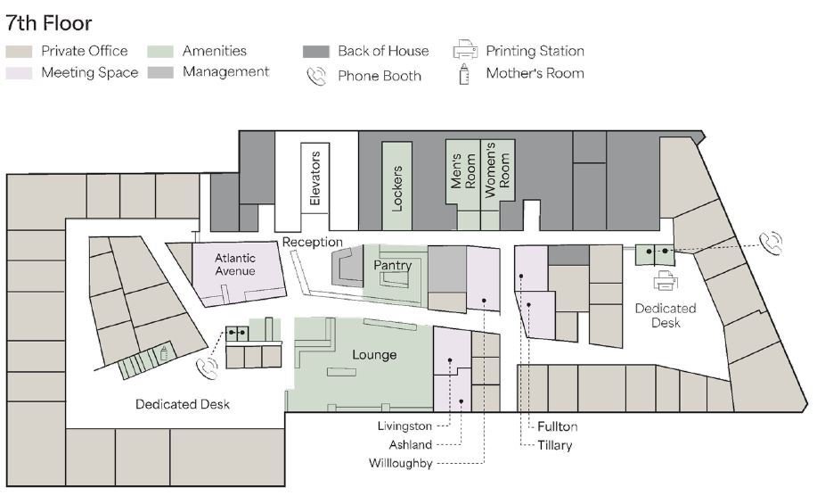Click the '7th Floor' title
tap(49, 22)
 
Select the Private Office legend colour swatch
tap(20, 52)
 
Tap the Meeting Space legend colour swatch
tap(20, 72)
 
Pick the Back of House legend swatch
tap(316, 52)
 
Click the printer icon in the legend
tap(465, 50)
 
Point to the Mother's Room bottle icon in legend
tap(464, 74)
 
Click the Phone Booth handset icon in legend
tap(316, 76)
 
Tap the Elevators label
tap(315, 179)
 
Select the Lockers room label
tap(397, 188)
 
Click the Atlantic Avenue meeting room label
tap(235, 264)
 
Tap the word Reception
tap(313, 243)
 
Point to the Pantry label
tap(392, 266)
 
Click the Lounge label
tap(374, 355)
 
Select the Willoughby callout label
tap(400, 463)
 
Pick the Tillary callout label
tap(555, 445)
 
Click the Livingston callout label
tap(404, 426)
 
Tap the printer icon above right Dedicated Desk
tap(666, 283)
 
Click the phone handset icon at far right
tap(771, 242)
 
